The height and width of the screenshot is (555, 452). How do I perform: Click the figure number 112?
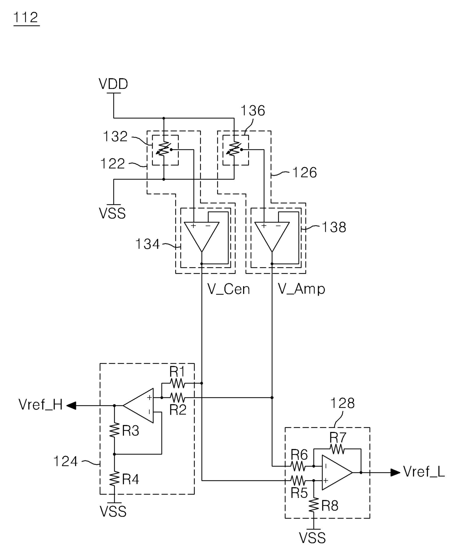click(x=26, y=17)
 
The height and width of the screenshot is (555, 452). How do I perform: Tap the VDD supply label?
click(x=113, y=84)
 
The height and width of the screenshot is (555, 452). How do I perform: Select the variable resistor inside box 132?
click(x=164, y=149)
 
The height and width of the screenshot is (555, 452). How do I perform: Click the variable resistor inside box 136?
click(x=234, y=149)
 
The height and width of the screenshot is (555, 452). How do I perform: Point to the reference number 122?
click(x=113, y=164)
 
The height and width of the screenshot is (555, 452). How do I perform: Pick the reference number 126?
click(x=304, y=173)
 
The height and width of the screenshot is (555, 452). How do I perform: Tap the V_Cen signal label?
click(x=229, y=289)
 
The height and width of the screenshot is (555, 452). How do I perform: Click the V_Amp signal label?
click(x=301, y=289)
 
